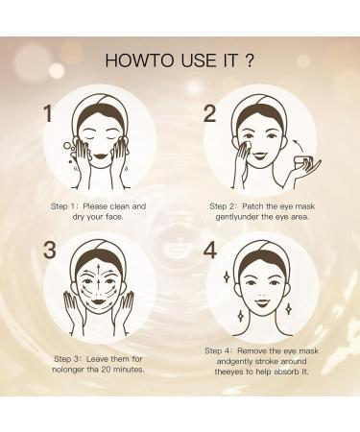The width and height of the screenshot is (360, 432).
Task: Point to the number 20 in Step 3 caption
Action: click(109, 342)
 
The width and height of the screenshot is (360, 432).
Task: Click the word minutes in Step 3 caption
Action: click(133, 342)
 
